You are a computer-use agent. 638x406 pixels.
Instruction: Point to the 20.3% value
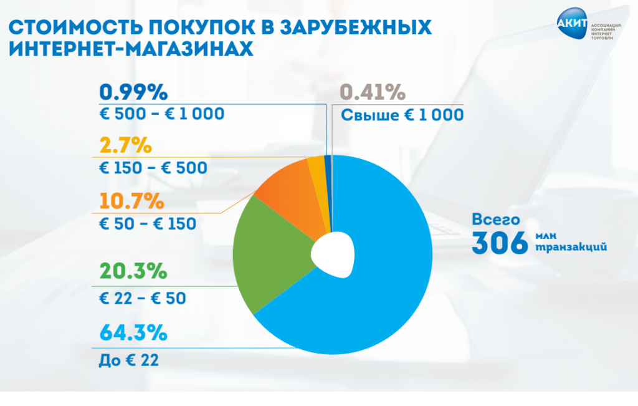[x=133, y=272]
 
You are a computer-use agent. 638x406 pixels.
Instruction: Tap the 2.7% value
[x=126, y=146]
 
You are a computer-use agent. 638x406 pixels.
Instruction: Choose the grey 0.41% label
[x=373, y=93]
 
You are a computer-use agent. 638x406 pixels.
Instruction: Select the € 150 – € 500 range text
[x=153, y=168]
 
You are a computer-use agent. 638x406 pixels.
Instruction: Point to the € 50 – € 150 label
[x=148, y=223]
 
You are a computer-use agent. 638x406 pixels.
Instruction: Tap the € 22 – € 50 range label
[x=143, y=298]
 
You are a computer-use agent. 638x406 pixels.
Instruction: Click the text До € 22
[x=129, y=360]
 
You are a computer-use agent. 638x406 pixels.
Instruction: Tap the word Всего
[x=495, y=220]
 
